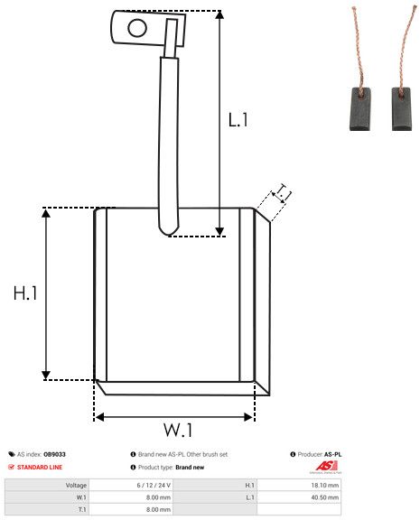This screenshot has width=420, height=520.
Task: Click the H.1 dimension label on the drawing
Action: point(25,293)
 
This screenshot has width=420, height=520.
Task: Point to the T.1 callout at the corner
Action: point(283,193)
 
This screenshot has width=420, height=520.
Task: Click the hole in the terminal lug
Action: point(136,27)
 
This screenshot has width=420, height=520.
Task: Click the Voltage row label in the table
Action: point(76,485)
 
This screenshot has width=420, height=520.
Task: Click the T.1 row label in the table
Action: point(80,509)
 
